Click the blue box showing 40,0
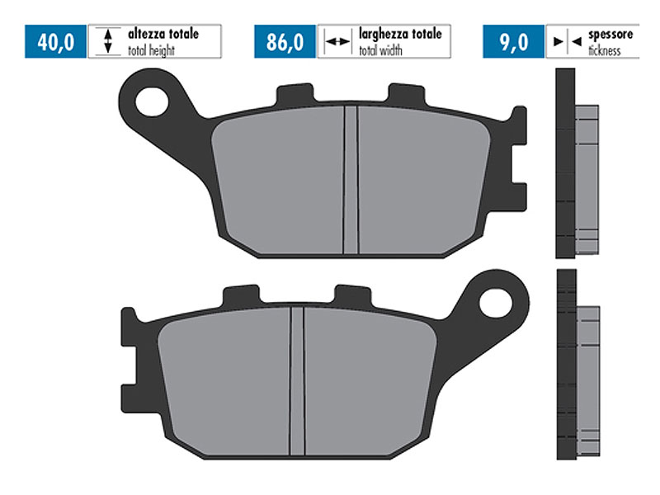tap(56, 41)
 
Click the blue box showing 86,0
tap(285, 41)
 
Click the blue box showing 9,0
tap(513, 41)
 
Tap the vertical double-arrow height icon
tap(107, 41)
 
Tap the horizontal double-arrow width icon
tap(337, 41)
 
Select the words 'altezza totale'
tap(163, 35)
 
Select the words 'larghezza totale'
tap(400, 35)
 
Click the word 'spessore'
tap(610, 35)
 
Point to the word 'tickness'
tap(606, 49)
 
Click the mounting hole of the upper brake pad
tap(153, 102)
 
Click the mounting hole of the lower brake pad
tap(496, 301)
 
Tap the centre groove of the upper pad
tap(350, 180)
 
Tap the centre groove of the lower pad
tap(297, 379)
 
